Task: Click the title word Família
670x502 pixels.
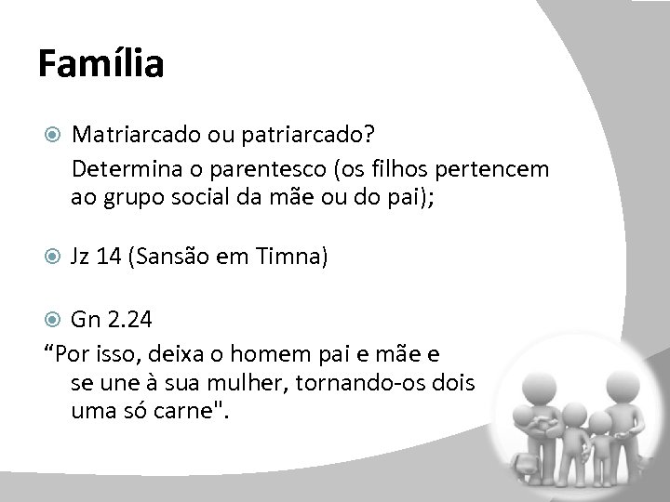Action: pos(101,65)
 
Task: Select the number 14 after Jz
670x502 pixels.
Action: pos(117,256)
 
